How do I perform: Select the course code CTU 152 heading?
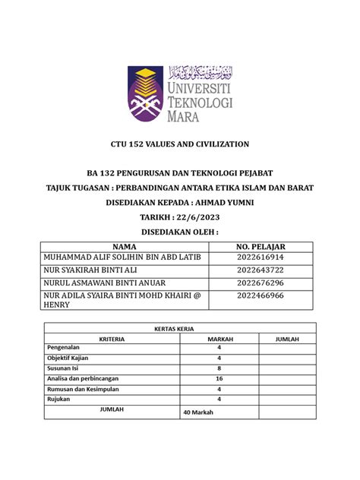(180, 144)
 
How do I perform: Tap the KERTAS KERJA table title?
(179, 327)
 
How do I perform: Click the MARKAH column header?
(219, 339)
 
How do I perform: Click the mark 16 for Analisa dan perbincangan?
(219, 377)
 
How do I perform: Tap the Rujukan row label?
(59, 398)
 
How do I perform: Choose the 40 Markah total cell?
(199, 412)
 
